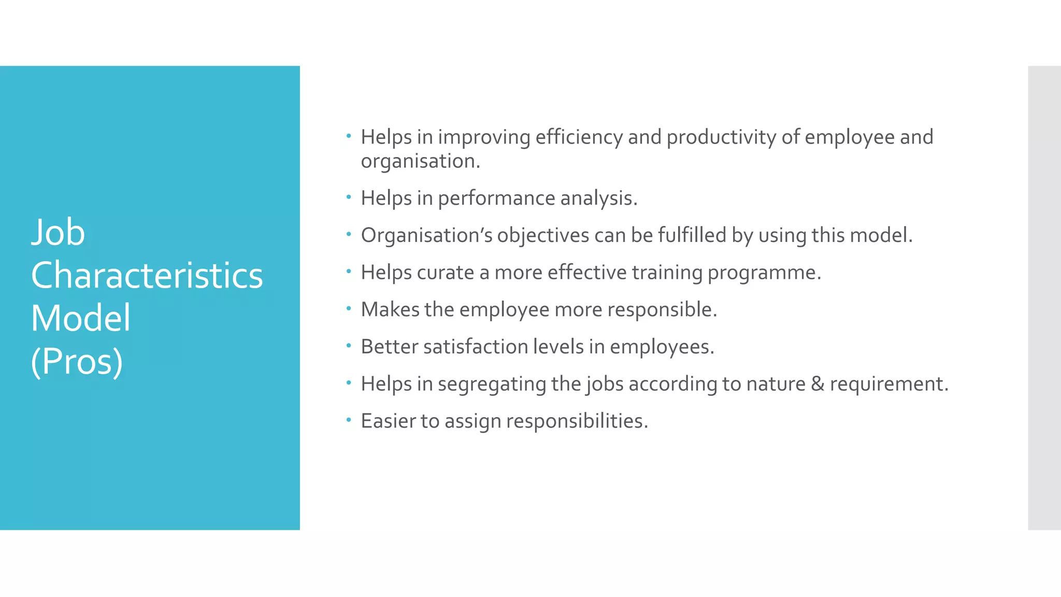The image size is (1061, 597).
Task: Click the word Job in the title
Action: [58, 233]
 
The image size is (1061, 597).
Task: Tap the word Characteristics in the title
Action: [147, 275]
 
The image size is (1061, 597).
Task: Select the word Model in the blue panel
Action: [80, 318]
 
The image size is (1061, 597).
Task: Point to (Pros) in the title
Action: [77, 361]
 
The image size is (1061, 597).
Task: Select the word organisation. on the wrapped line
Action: [421, 161]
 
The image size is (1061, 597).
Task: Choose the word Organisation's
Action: [426, 236]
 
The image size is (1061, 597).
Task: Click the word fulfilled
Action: [692, 236]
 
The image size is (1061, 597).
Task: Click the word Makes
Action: [390, 310]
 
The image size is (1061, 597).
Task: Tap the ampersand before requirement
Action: [818, 384]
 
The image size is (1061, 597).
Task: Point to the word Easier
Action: [388, 421]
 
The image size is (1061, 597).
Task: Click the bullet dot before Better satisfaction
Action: [349, 345]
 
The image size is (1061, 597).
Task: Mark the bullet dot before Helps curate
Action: [349, 271]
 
